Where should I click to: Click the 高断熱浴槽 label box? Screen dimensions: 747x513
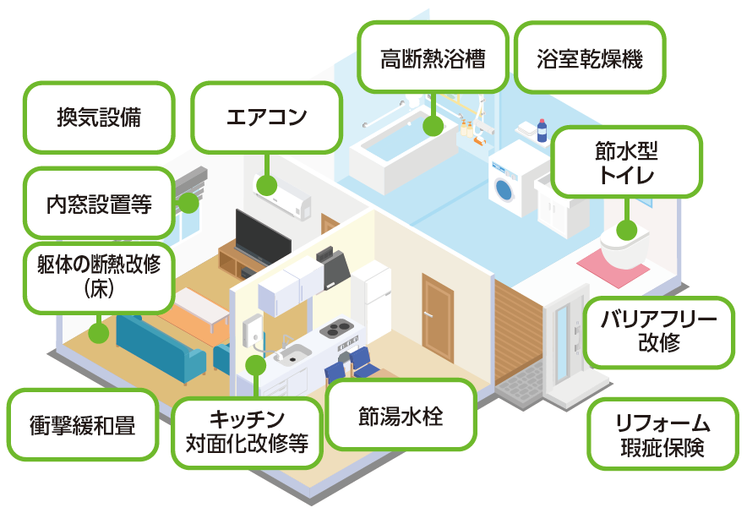433,57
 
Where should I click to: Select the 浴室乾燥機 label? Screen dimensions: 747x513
589,57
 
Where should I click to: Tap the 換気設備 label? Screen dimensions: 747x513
99,117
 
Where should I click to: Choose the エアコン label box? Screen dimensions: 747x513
267,117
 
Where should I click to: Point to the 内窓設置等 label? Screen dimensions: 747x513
99,204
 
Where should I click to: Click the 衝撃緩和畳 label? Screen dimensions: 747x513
83,424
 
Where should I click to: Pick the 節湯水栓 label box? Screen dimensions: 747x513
401,415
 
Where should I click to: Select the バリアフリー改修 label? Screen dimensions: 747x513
659,332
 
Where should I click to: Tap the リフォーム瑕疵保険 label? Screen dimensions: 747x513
662,434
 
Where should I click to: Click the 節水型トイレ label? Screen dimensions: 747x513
626,162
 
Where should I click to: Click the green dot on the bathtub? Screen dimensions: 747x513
433,125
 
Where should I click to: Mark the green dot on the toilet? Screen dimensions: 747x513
626,230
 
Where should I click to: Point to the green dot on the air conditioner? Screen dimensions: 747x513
267,185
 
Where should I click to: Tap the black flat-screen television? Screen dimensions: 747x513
263,237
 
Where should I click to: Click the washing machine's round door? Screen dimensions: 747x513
504,189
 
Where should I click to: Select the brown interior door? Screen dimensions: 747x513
438,316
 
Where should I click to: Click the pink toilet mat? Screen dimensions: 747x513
613,267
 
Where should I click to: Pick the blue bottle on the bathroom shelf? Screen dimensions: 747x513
542,130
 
